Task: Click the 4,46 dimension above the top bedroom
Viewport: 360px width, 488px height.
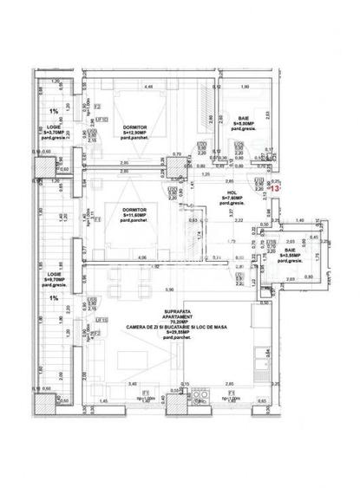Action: [x=148, y=87]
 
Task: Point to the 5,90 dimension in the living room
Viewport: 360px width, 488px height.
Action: [x=170, y=289]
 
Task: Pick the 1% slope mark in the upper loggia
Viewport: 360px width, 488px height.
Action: [x=54, y=111]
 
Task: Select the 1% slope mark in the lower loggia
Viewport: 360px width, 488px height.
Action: [x=54, y=297]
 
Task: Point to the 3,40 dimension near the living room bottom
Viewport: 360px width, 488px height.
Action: [x=132, y=382]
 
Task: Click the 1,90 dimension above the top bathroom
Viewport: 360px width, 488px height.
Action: [x=245, y=87]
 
